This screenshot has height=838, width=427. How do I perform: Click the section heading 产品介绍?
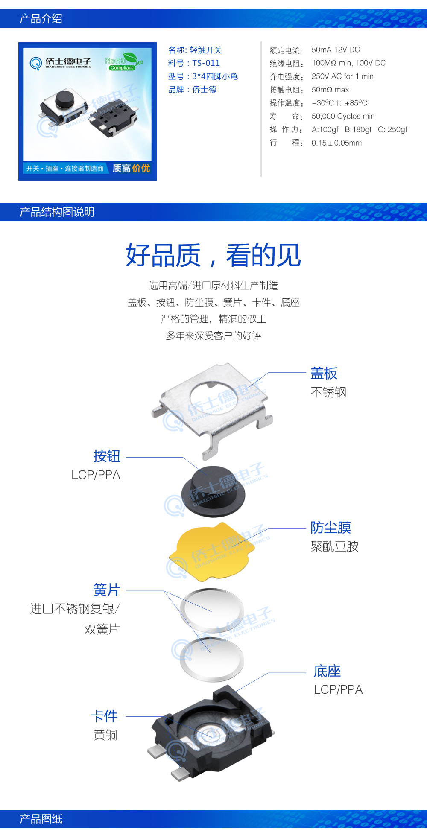tap(41, 19)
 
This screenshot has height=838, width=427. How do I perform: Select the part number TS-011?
tap(206, 63)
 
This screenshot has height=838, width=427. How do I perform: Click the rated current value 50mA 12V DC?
tap(336, 50)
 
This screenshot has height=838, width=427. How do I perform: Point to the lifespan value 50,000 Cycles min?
tap(343, 116)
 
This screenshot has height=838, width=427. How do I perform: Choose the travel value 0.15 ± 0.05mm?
tap(336, 143)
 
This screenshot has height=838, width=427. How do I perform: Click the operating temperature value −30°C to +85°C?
tap(339, 103)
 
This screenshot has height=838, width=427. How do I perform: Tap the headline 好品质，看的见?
tap(213, 255)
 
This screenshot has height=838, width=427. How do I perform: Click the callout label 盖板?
tap(324, 373)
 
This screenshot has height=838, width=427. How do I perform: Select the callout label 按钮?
tap(107, 456)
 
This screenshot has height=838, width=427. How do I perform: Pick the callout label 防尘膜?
tap(330, 527)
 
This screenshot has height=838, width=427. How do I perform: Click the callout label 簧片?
tap(107, 590)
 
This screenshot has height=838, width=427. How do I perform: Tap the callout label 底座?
tap(327, 671)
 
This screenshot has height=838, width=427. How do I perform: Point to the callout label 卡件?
tap(104, 716)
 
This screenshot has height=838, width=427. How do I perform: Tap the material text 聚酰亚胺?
tap(334, 546)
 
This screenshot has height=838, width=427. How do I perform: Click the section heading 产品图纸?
tap(41, 819)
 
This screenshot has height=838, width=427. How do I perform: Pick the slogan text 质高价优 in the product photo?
tap(131, 168)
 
